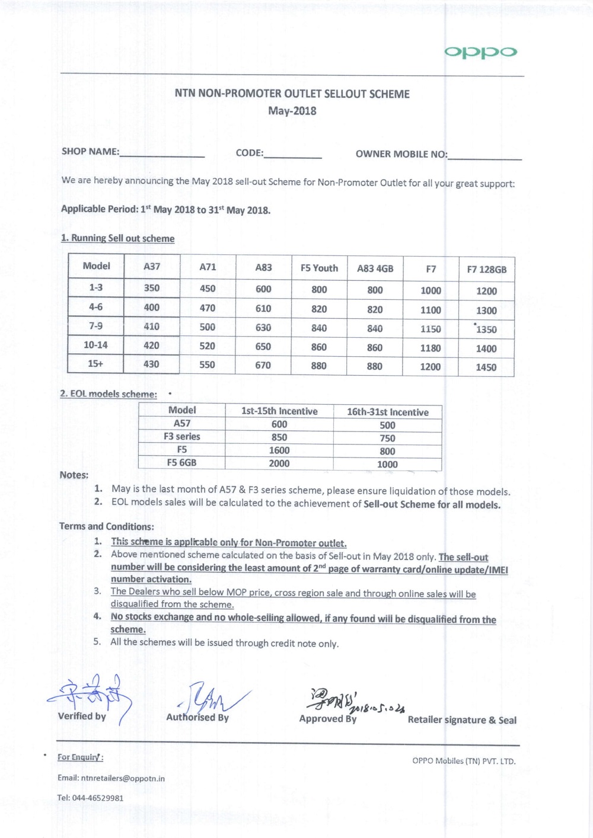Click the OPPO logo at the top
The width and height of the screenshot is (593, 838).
pyautogui.click(x=480, y=52)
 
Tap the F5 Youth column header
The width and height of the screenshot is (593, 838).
pyautogui.click(x=319, y=268)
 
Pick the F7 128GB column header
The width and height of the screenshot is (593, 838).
pyautogui.click(x=486, y=269)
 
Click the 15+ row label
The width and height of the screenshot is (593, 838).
pyautogui.click(x=95, y=363)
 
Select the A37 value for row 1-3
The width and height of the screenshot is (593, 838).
pyautogui.click(x=152, y=288)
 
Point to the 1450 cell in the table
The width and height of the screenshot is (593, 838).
pyautogui.click(x=486, y=367)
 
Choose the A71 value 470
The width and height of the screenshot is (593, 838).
pyautogui.click(x=208, y=308)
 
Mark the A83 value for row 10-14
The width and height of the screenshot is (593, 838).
pyautogui.click(x=263, y=346)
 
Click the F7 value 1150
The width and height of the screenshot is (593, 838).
pyautogui.click(x=431, y=329)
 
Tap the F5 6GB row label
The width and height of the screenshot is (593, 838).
pyautogui.click(x=181, y=462)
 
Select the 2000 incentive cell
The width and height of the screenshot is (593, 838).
pyautogui.click(x=279, y=463)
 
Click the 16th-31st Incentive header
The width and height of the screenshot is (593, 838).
pyautogui.click(x=388, y=412)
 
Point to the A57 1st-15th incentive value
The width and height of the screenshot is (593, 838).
pyautogui.click(x=279, y=424)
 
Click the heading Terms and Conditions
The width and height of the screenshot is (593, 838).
pyautogui.click(x=107, y=526)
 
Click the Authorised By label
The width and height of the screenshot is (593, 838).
pyautogui.click(x=197, y=717)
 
